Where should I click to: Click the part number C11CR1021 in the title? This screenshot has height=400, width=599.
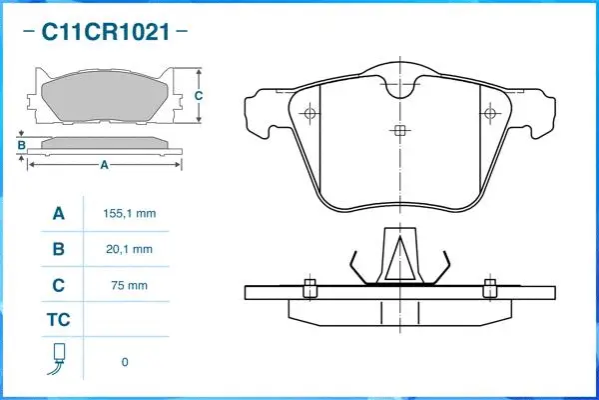click(x=105, y=32)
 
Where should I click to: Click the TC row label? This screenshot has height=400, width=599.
click(x=58, y=321)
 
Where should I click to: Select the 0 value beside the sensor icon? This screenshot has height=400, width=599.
click(x=125, y=361)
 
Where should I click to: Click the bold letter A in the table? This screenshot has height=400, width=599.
click(x=58, y=214)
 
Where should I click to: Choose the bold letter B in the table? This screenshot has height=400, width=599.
click(x=58, y=249)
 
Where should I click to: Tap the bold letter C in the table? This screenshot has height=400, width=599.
click(x=58, y=285)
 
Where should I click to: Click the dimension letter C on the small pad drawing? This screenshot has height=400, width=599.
click(x=198, y=96)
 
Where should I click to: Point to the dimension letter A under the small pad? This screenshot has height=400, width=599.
click(x=104, y=166)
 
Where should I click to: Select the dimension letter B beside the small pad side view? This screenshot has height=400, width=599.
click(x=21, y=145)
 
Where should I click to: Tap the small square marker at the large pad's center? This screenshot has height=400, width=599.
click(x=399, y=131)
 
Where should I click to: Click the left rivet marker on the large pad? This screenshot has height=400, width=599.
click(x=312, y=112)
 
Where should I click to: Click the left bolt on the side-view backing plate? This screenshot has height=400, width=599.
click(x=309, y=288)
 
